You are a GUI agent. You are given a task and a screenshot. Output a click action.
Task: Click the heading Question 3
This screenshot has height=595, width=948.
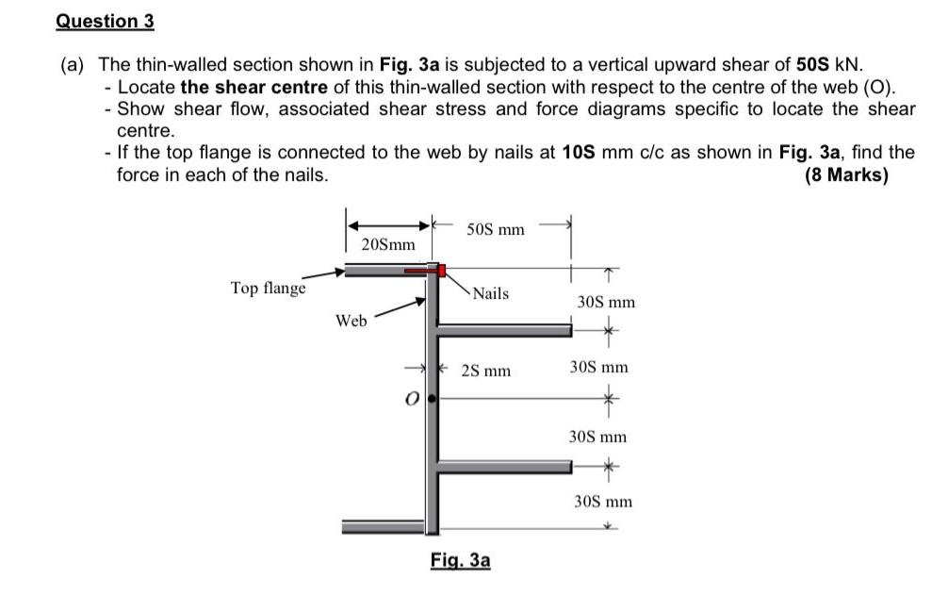pyautogui.click(x=105, y=20)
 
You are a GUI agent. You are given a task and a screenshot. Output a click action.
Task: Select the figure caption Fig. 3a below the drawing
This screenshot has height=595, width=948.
pyautogui.click(x=461, y=560)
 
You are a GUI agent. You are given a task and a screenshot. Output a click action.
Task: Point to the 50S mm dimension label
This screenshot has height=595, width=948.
pyautogui.click(x=496, y=229)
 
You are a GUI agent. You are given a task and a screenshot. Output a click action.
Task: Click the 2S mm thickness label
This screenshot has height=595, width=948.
pyautogui.click(x=486, y=371)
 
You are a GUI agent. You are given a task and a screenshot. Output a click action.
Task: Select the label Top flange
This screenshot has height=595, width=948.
pyautogui.click(x=269, y=288)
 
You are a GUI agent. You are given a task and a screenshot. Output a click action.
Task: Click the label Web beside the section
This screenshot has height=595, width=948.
pyautogui.click(x=351, y=321)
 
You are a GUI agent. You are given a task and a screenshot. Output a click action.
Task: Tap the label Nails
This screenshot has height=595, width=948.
pyautogui.click(x=490, y=293)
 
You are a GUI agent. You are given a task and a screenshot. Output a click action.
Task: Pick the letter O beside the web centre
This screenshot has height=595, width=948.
pyautogui.click(x=411, y=399)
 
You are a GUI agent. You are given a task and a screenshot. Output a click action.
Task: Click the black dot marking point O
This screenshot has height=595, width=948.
pyautogui.click(x=432, y=399)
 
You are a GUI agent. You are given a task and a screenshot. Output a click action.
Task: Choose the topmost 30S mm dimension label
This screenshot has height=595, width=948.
pyautogui.click(x=605, y=302)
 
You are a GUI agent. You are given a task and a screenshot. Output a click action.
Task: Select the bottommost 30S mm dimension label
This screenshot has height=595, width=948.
pyautogui.click(x=603, y=502)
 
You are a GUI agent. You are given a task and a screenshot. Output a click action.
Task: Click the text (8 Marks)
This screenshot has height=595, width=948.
pyautogui.click(x=847, y=175)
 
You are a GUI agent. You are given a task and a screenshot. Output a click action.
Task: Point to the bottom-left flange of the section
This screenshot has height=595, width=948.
pyautogui.click(x=383, y=525)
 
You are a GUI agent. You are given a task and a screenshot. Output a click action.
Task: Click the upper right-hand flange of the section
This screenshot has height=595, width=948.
pyautogui.click(x=504, y=330)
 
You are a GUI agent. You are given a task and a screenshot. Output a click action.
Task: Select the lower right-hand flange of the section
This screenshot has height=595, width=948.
pyautogui.click(x=504, y=466)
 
